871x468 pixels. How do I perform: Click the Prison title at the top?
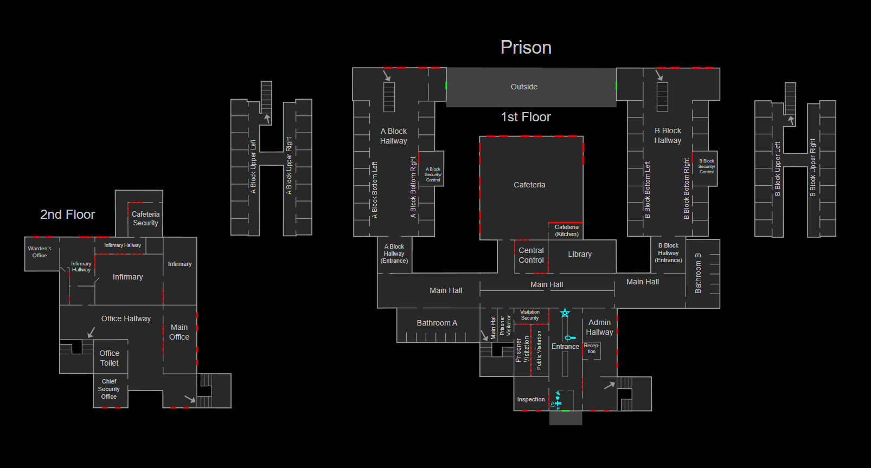pyautogui.click(x=526, y=48)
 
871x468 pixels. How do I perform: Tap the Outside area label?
pyautogui.click(x=524, y=87)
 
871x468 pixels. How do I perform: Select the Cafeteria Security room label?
pyautogui.click(x=145, y=219)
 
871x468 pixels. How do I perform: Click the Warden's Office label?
pyautogui.click(x=40, y=252)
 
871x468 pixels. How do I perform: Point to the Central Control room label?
pyautogui.click(x=531, y=255)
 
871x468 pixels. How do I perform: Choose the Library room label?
pyautogui.click(x=579, y=254)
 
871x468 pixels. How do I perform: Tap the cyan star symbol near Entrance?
pyautogui.click(x=565, y=313)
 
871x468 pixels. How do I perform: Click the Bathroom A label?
pyautogui.click(x=437, y=323)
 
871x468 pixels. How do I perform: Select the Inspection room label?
pyautogui.click(x=530, y=399)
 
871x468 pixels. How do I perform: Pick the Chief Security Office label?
pyautogui.click(x=109, y=389)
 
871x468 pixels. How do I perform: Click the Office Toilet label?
pyautogui.click(x=110, y=358)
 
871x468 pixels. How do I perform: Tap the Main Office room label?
pyautogui.click(x=179, y=332)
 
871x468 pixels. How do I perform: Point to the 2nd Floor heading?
pyautogui.click(x=68, y=214)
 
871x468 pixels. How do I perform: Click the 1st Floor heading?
pyautogui.click(x=526, y=117)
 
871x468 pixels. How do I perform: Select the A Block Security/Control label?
pyautogui.click(x=433, y=174)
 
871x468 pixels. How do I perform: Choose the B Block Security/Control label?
pyautogui.click(x=706, y=166)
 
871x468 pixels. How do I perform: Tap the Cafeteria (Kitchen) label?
pyautogui.click(x=566, y=231)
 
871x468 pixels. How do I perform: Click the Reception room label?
pyautogui.click(x=591, y=348)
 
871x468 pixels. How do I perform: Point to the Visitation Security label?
pyautogui.click(x=530, y=315)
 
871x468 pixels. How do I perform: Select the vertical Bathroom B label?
pyautogui.click(x=698, y=273)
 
